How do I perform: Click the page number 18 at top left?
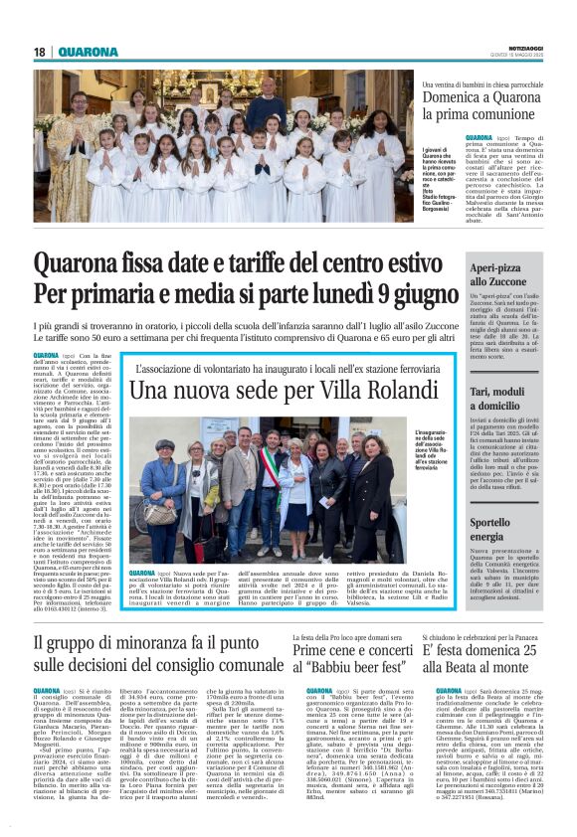[40, 52]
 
